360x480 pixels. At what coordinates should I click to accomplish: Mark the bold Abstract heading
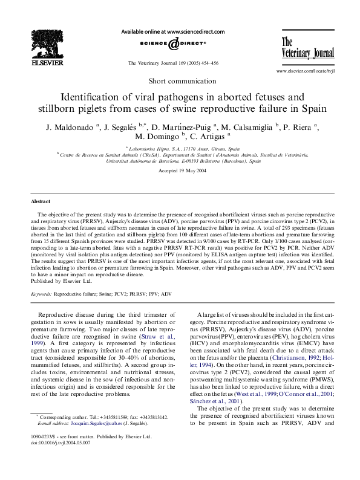(x=41, y=201)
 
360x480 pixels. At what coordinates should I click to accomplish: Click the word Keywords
(x=41, y=293)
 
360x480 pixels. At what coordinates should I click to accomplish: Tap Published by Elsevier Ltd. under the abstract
(x=61, y=281)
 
